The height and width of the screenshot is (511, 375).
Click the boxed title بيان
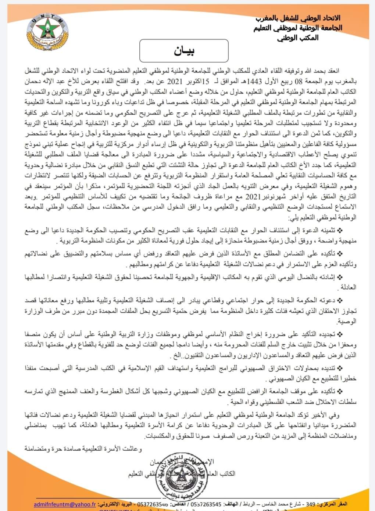tap(184, 51)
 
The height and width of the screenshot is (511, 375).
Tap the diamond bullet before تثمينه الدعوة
tap(339, 231)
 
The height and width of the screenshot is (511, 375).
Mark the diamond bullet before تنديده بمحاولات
tap(339, 370)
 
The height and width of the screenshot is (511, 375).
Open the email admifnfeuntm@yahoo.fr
tap(65, 504)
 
